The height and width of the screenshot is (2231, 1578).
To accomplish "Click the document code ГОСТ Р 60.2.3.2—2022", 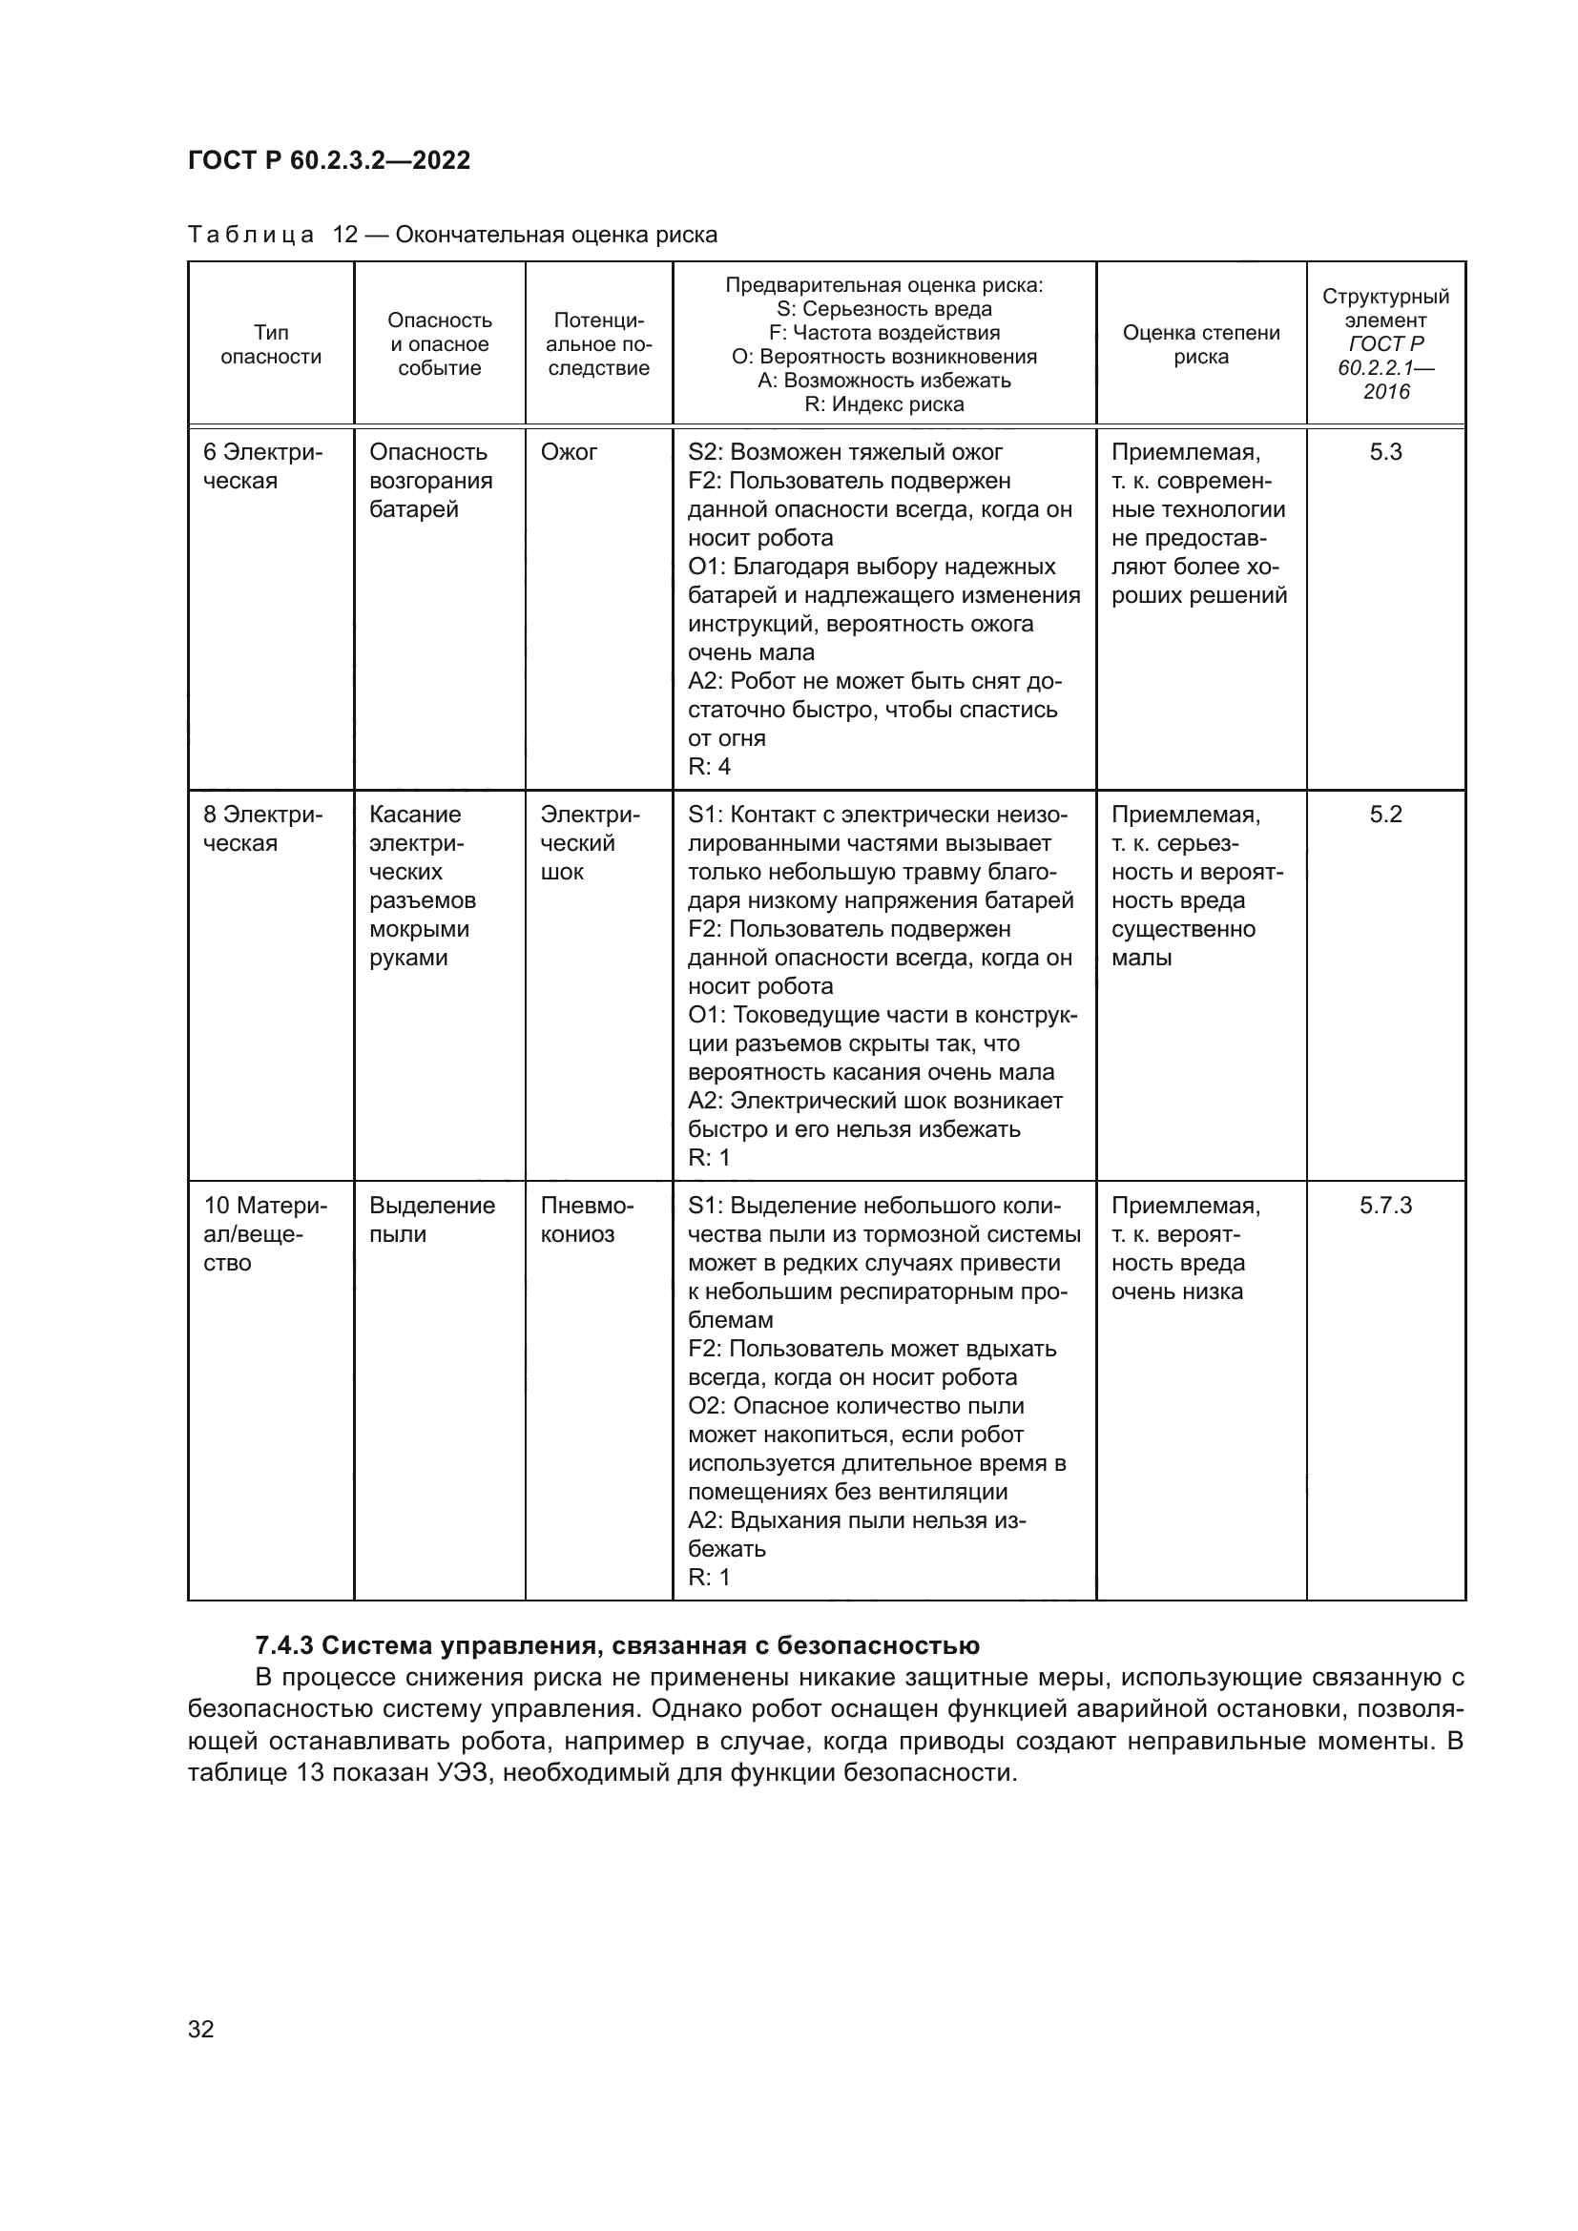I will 328,160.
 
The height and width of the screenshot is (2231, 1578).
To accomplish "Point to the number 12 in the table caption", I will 345,235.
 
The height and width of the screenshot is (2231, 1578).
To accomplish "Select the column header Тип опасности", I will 271,344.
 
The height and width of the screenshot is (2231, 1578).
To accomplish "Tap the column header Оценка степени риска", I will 1201,344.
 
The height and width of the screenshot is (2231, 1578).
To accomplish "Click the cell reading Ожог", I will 569,452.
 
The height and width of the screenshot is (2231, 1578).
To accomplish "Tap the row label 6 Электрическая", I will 262,466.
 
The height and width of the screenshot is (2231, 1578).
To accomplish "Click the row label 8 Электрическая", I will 262,829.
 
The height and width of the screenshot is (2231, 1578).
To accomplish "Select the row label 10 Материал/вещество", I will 264,1234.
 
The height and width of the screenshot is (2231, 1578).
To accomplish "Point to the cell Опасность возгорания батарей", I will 430,481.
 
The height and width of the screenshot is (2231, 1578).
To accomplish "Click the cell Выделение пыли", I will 431,1220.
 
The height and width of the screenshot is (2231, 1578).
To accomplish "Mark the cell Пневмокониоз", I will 586,1220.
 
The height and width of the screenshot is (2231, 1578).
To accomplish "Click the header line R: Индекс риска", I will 883,404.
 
